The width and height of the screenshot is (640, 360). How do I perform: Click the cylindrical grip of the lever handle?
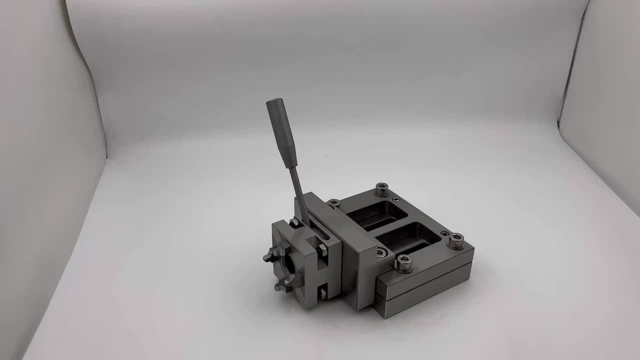tap(281, 132)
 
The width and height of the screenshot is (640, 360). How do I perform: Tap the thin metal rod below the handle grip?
tap(298, 192)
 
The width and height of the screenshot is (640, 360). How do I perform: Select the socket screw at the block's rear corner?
tap(381, 189)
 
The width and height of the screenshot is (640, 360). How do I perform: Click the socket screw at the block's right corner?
tap(455, 240)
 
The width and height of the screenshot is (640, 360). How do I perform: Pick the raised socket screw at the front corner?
tap(403, 263)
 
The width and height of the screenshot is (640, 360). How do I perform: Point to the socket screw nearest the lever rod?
tap(334, 203)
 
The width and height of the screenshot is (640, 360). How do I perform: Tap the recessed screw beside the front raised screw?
tap(381, 253)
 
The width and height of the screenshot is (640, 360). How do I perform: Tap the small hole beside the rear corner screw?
tap(396, 199)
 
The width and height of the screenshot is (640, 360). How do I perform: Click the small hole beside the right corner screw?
tap(444, 233)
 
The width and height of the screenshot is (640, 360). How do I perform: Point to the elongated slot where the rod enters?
tap(320, 227)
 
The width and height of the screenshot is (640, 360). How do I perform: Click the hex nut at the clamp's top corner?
tap(294, 222)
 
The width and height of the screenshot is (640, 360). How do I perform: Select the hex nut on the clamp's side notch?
tap(322, 249)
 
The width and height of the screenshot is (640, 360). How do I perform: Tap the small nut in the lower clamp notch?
tap(322, 292)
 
